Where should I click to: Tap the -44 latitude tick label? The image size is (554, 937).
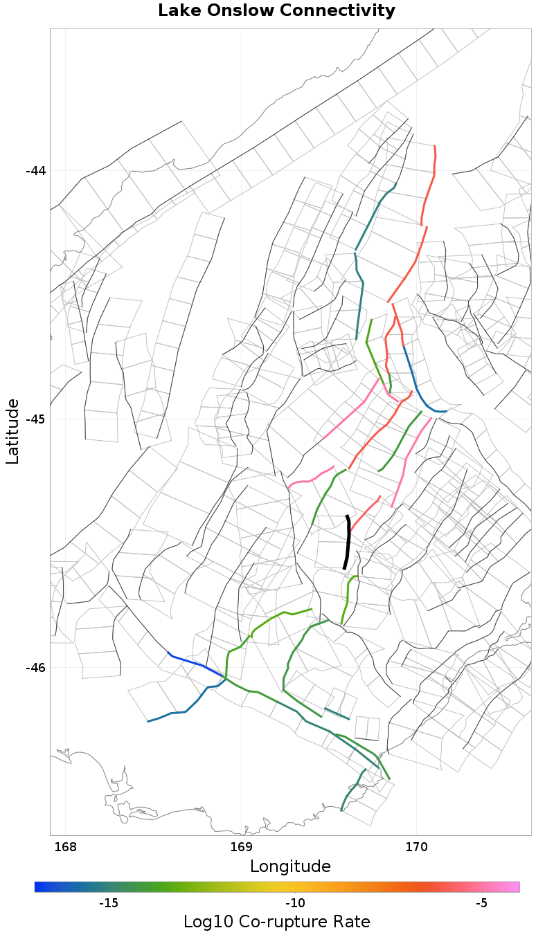(35, 171)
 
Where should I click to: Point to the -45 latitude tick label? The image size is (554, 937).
(35, 419)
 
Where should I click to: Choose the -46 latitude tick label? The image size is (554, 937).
(35, 668)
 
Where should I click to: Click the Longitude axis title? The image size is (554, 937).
(290, 866)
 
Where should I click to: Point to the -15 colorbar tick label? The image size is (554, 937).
(109, 903)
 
